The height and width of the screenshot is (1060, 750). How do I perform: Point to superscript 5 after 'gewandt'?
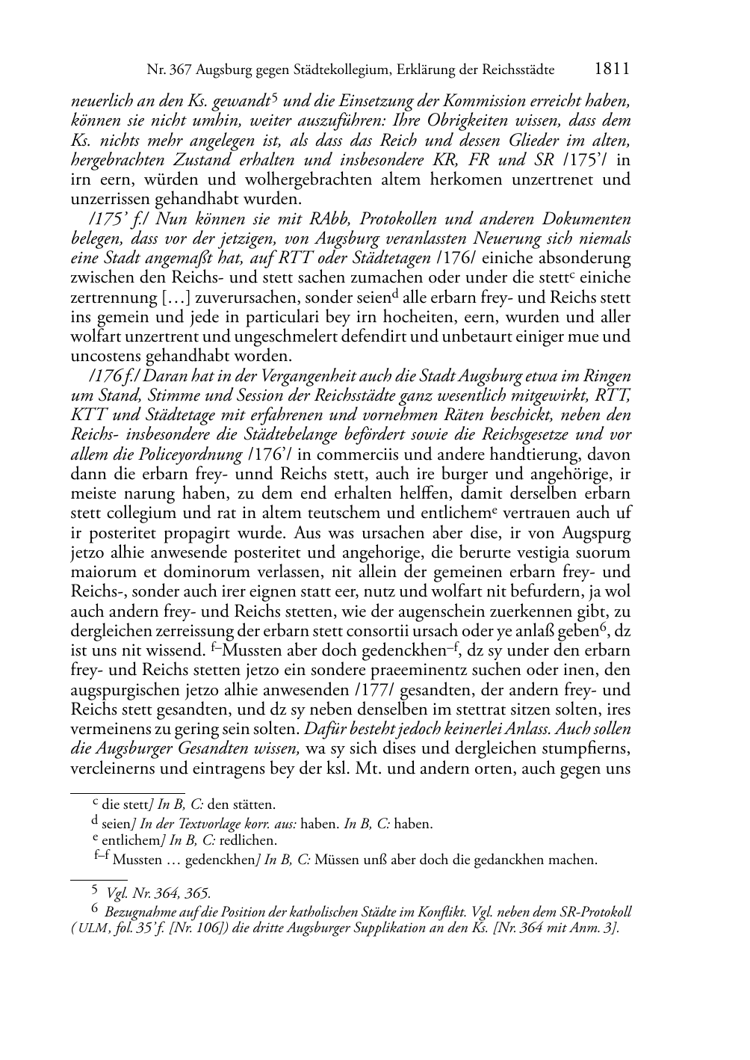point(275,97)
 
